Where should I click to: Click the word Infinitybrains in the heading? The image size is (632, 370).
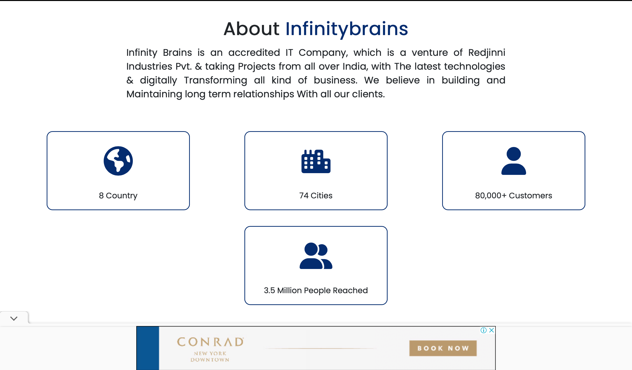pyautogui.click(x=347, y=29)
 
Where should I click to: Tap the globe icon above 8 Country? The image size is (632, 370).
pyautogui.click(x=118, y=161)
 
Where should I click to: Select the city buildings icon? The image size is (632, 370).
pyautogui.click(x=316, y=161)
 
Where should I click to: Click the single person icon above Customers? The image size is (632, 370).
pyautogui.click(x=513, y=161)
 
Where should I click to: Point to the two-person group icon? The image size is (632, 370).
pyautogui.click(x=316, y=256)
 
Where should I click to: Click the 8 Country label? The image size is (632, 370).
pyautogui.click(x=118, y=195)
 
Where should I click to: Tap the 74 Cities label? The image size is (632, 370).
pyautogui.click(x=316, y=195)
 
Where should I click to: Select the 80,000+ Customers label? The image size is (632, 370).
pyautogui.click(x=513, y=195)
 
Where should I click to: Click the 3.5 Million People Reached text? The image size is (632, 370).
pyautogui.click(x=316, y=290)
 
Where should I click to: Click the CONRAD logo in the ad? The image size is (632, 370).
pyautogui.click(x=210, y=342)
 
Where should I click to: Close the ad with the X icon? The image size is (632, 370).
pyautogui.click(x=491, y=330)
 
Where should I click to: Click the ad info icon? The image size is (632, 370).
pyautogui.click(x=484, y=330)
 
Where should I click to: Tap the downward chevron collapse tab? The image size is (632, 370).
pyautogui.click(x=14, y=318)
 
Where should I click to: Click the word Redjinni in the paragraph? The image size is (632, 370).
pyautogui.click(x=487, y=53)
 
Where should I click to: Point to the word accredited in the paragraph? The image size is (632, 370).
pyautogui.click(x=254, y=53)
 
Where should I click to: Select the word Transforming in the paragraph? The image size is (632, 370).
pyautogui.click(x=216, y=80)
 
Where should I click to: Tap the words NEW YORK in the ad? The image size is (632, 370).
pyautogui.click(x=210, y=353)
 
